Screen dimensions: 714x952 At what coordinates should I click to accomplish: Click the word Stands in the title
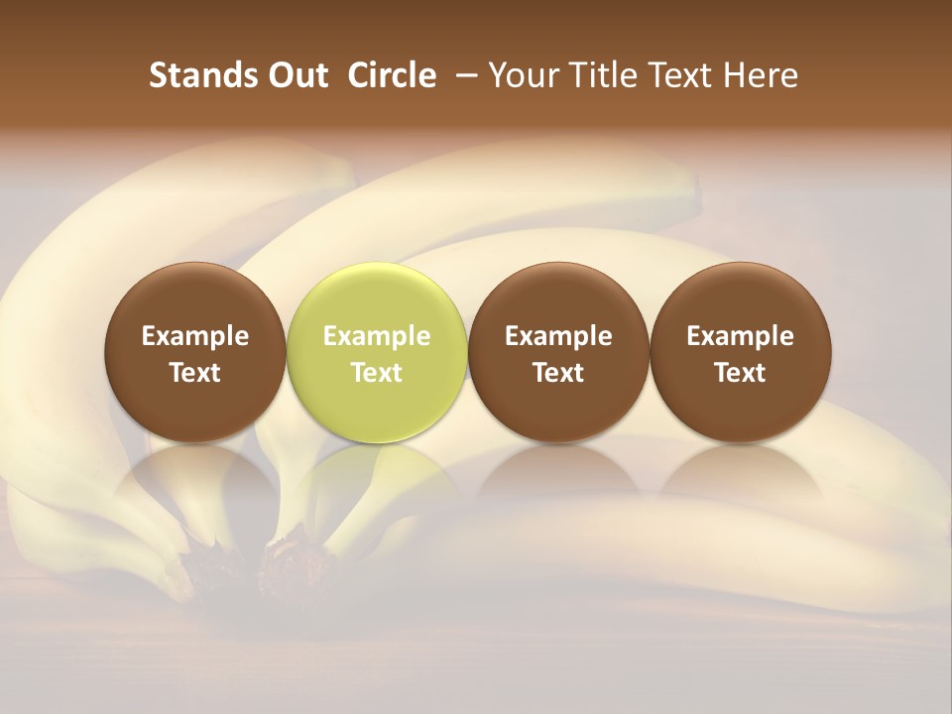pos(196,75)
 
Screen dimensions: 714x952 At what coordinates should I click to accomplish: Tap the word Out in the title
pos(296,75)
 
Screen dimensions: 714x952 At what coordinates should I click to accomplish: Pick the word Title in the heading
pos(605,75)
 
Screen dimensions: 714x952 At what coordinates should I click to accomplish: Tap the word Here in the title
pos(762,75)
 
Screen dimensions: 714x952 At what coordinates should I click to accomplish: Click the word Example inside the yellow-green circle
pos(376,336)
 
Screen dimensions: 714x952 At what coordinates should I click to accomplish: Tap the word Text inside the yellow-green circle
pos(376,373)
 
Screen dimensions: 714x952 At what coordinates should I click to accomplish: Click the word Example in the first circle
pos(194,336)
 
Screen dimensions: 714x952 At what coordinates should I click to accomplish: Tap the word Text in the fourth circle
pos(740,373)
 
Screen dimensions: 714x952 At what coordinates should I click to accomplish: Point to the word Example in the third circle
pos(558,336)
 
